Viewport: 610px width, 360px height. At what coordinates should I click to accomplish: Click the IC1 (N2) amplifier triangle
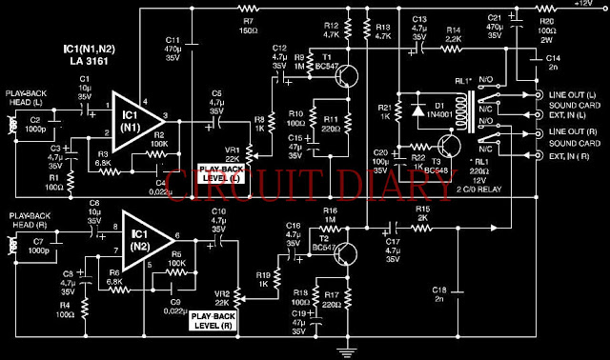[x=140, y=239]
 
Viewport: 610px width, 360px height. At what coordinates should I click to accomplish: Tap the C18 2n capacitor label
[x=438, y=293]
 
